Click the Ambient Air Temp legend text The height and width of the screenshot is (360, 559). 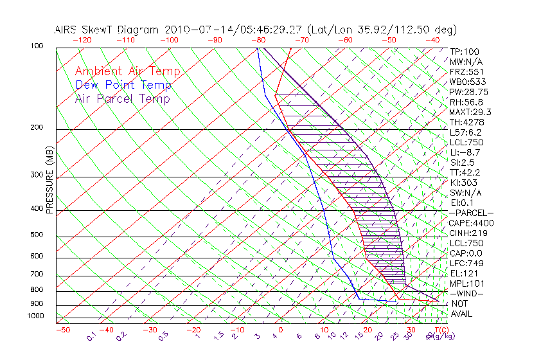pyautogui.click(x=127, y=71)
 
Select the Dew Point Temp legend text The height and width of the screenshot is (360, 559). pyautogui.click(x=123, y=85)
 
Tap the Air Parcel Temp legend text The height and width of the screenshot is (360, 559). pyautogui.click(x=122, y=98)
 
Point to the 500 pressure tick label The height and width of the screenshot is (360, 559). pyautogui.click(x=37, y=235)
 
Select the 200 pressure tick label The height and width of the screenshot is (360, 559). pyautogui.click(x=37, y=128)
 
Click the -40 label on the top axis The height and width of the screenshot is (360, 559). pyautogui.click(x=432, y=39)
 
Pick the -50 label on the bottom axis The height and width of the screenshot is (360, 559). pyautogui.click(x=62, y=330)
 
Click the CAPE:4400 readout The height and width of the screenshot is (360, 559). pyautogui.click(x=472, y=223)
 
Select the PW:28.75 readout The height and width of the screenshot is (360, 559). pyautogui.click(x=469, y=92)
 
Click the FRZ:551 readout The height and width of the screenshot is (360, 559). pyautogui.click(x=466, y=71)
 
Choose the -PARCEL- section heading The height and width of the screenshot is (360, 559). pyautogui.click(x=471, y=213)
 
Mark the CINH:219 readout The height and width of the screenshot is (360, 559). pyautogui.click(x=469, y=233)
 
